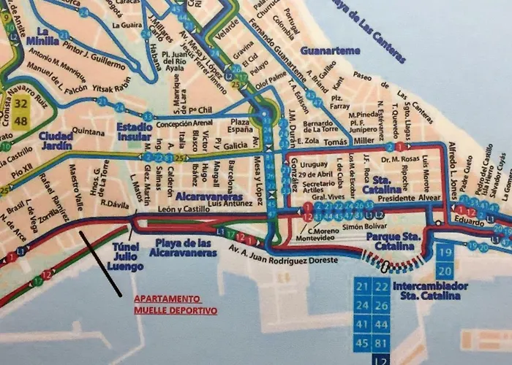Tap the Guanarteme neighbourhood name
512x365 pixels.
[331, 50]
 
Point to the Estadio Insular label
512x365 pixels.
[135, 132]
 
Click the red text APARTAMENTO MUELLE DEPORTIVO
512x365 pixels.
[175, 304]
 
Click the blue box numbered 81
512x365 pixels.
[381, 343]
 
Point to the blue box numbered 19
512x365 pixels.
[446, 253]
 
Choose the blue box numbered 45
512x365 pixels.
[363, 343]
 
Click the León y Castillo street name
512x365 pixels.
[181, 210]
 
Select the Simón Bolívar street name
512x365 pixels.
[364, 228]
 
